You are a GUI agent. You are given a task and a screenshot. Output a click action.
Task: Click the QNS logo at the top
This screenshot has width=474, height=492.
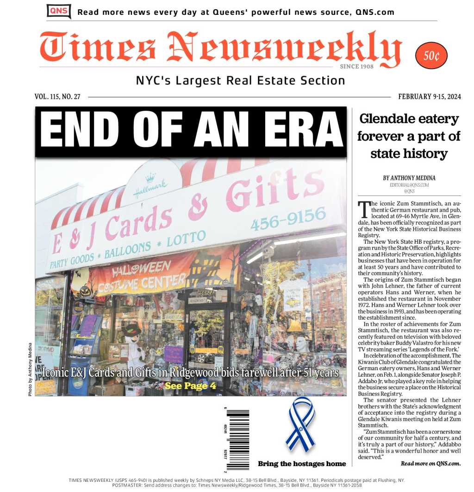(x=59, y=11)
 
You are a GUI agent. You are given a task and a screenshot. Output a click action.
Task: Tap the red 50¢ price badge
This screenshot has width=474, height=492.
(x=431, y=56)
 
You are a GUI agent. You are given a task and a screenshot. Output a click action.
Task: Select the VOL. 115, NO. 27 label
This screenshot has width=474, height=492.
(x=57, y=97)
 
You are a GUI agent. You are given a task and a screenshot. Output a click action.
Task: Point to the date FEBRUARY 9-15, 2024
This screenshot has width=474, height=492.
(x=429, y=97)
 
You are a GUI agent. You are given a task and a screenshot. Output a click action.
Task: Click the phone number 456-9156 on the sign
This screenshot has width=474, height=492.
(x=288, y=218)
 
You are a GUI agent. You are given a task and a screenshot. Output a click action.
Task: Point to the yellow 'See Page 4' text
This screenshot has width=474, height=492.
(x=190, y=385)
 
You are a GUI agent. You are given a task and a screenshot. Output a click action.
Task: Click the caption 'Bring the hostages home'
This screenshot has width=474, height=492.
(x=302, y=464)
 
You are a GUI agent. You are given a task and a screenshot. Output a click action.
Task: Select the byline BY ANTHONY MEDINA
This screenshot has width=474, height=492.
(x=409, y=178)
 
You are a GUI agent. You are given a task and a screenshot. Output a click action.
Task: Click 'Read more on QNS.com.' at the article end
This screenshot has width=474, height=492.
(x=430, y=463)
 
